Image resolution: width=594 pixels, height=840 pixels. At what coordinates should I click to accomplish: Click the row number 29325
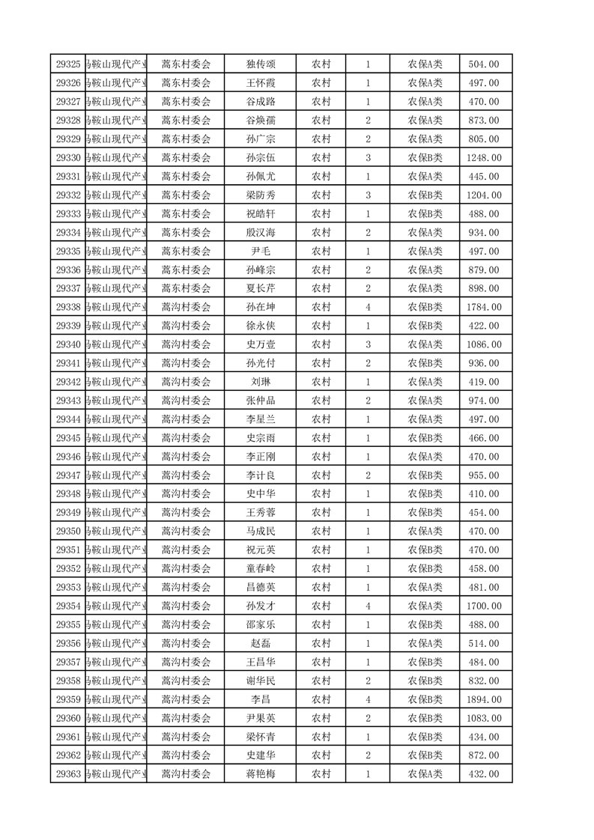point(68,64)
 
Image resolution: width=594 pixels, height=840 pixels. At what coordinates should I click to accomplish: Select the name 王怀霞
point(260,83)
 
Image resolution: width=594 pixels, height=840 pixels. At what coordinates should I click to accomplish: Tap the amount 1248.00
point(484,158)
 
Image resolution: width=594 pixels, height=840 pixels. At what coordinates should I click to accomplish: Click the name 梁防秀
point(260,195)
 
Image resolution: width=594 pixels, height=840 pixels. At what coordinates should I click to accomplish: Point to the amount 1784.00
point(484,307)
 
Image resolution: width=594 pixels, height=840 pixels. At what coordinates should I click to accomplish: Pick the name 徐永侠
point(260,326)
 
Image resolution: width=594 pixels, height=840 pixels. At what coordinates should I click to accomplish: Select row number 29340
point(68,344)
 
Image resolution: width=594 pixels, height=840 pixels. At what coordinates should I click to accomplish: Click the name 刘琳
point(260,382)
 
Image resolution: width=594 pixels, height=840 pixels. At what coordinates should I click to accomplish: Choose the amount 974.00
point(484,401)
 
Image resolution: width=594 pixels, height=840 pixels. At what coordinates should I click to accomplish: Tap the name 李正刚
point(260,457)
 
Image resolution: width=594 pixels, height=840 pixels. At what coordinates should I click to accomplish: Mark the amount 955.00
point(484,475)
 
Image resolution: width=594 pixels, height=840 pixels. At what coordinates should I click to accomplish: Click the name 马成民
point(260,532)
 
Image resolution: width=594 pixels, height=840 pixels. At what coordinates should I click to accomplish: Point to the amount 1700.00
point(484,606)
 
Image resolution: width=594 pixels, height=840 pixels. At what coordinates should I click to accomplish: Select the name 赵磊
point(260,643)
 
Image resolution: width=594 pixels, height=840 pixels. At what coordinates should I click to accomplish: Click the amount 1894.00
point(484,699)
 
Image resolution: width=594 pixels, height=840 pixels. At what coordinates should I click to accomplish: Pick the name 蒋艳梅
point(260,774)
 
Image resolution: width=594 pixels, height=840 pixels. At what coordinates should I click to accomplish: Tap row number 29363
point(68,774)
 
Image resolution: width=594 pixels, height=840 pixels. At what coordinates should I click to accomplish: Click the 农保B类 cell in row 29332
point(425,195)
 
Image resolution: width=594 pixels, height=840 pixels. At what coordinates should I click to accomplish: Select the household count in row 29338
point(368,307)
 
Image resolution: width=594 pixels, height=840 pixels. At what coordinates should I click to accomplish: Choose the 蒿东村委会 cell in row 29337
point(186,288)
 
